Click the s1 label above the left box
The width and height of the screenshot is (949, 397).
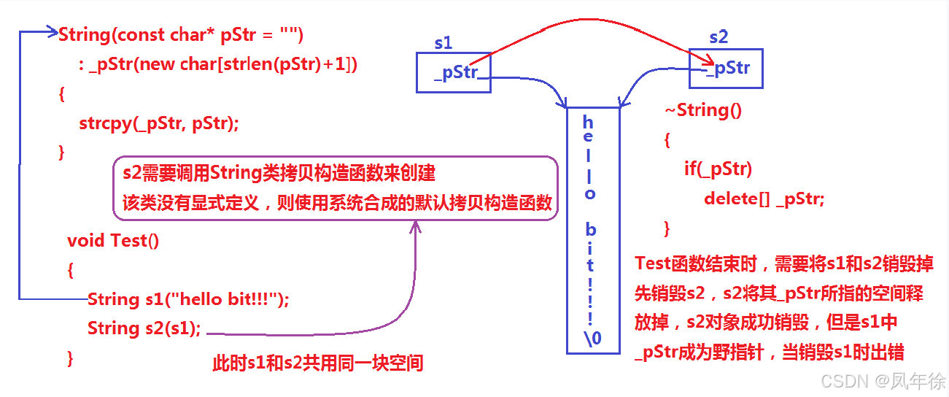tap(443, 43)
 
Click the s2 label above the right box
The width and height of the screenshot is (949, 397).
tap(718, 36)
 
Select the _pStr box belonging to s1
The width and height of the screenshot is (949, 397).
tap(453, 73)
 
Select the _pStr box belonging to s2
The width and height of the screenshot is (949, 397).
tap(727, 69)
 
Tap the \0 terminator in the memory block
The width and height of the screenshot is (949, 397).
tap(592, 337)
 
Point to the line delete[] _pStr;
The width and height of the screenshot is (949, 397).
tap(764, 198)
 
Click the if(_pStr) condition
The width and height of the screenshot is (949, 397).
tap(718, 169)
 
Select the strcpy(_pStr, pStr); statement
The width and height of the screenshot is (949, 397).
tap(158, 123)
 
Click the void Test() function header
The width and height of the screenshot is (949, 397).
tap(113, 240)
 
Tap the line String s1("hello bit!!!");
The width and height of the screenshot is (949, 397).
tap(188, 299)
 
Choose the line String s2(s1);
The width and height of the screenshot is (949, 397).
tap(144, 328)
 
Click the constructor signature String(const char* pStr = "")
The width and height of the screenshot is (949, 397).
tap(180, 34)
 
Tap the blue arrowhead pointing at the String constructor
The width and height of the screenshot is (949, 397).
tap(52, 32)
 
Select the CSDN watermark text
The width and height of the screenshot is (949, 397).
tap(883, 381)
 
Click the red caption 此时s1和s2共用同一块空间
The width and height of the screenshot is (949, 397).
tap(317, 363)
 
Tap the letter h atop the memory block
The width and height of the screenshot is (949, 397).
tap(589, 121)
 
